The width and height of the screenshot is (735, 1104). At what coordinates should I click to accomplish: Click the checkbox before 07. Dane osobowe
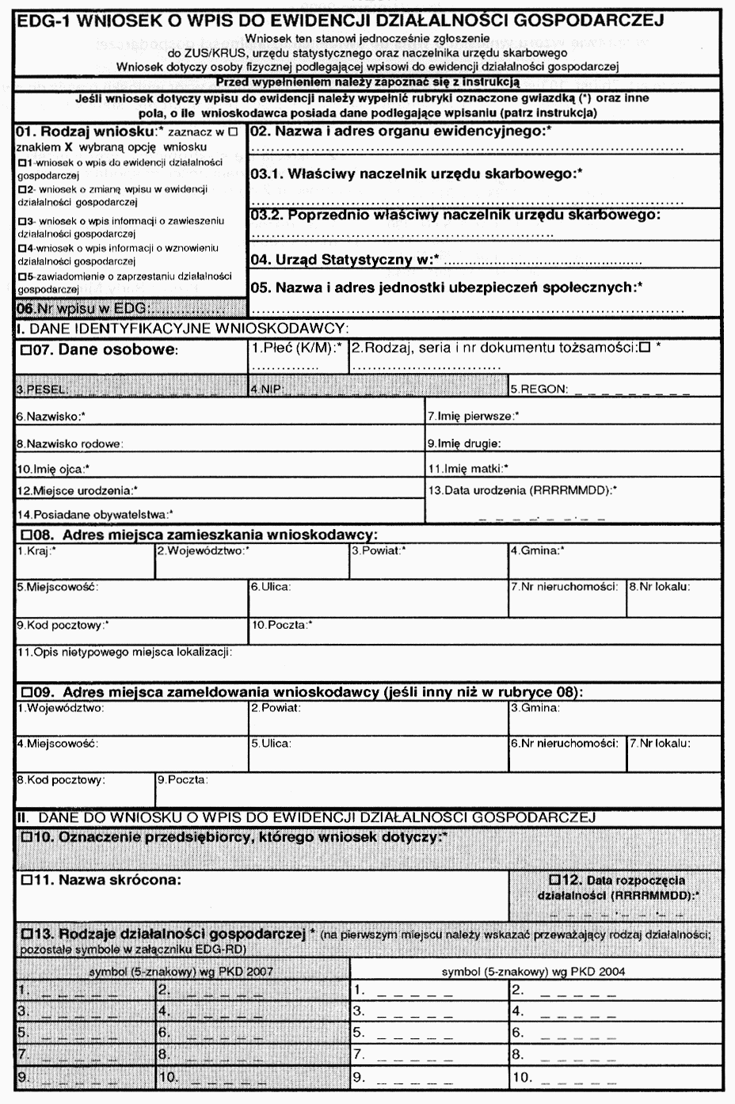tap(25, 351)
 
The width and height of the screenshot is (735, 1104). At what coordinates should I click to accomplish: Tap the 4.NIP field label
tap(266, 390)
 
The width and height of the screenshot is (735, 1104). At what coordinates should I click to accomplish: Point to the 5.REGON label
tap(539, 390)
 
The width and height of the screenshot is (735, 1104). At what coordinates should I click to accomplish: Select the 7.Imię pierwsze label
tap(473, 416)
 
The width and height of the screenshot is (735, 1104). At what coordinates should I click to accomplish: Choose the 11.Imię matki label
tap(467, 468)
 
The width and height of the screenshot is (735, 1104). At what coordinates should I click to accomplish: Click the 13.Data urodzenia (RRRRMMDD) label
tap(522, 490)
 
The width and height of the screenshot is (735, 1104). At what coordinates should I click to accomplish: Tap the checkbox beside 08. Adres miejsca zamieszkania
tap(25, 535)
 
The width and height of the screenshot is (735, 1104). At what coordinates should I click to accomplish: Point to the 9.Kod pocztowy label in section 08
tap(62, 625)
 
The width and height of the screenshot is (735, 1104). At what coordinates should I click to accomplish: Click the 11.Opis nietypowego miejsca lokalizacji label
tap(124, 652)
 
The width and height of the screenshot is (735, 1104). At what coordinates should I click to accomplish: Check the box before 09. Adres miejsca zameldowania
tap(25, 692)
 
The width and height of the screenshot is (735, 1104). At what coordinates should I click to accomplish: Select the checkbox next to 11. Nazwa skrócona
tap(25, 880)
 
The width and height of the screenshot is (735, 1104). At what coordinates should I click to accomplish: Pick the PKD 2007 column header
tap(181, 972)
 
